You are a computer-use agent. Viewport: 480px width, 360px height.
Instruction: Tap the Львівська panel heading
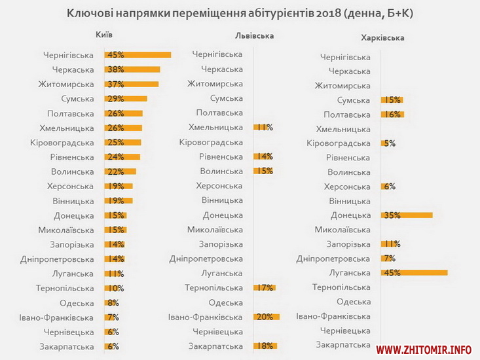(253, 36)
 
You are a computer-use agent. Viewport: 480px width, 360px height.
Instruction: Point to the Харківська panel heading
(383, 37)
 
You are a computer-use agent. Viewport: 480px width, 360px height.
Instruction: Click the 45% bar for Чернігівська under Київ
(138, 55)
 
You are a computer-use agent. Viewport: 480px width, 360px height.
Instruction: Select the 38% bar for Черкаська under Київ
(132, 69)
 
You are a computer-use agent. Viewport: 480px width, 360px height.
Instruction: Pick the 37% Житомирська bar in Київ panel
(132, 84)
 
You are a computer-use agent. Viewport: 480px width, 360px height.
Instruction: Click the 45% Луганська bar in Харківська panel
(414, 272)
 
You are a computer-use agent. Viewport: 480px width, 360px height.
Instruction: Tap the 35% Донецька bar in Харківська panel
(407, 215)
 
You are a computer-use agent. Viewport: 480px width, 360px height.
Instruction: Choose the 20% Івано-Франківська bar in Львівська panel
(267, 317)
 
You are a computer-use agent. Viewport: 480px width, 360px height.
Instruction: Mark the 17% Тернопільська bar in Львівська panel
(265, 287)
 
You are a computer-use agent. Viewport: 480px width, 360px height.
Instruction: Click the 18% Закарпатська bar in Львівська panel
(265, 346)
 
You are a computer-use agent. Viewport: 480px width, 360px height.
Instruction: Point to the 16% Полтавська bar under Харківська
(392, 114)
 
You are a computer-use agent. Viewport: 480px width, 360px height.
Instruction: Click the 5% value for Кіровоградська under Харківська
(389, 143)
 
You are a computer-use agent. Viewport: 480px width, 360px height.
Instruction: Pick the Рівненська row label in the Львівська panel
(221, 156)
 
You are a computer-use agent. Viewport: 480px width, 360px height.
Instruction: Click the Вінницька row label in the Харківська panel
(349, 201)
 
